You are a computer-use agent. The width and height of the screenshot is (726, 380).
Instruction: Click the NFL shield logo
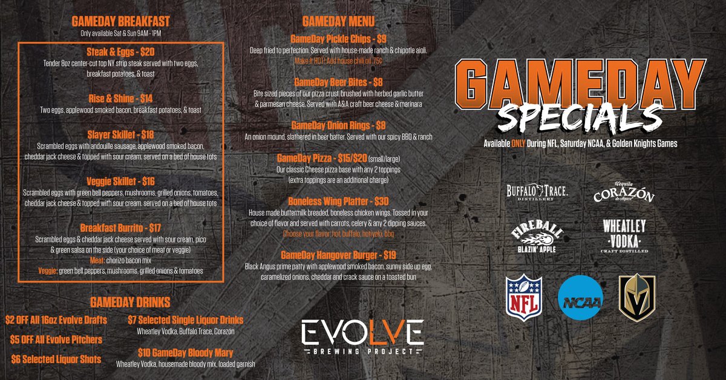pyautogui.click(x=525, y=297)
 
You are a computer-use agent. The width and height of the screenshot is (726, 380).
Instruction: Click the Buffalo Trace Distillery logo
pyautogui.click(x=537, y=192)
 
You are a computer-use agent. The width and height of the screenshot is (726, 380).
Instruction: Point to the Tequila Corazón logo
pyautogui.click(x=624, y=193)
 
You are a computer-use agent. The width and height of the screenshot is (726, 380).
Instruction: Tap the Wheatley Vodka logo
pyautogui.click(x=624, y=235)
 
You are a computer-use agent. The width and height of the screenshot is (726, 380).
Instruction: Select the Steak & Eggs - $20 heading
pyautogui.click(x=121, y=52)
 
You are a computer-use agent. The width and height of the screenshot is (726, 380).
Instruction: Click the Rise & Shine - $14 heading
pyautogui.click(x=121, y=99)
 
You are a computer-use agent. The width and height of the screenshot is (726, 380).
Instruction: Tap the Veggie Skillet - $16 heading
pyautogui.click(x=121, y=180)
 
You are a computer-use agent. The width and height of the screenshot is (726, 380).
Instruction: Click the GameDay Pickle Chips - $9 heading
pyautogui.click(x=339, y=38)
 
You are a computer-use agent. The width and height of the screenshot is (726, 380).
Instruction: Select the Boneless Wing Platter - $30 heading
pyautogui.click(x=339, y=201)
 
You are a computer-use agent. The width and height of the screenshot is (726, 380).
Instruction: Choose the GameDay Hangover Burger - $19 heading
pyautogui.click(x=339, y=255)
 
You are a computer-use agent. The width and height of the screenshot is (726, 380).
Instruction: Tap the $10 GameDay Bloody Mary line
pyautogui.click(x=185, y=352)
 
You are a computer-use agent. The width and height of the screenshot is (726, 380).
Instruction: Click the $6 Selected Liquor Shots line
pyautogui.click(x=56, y=358)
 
